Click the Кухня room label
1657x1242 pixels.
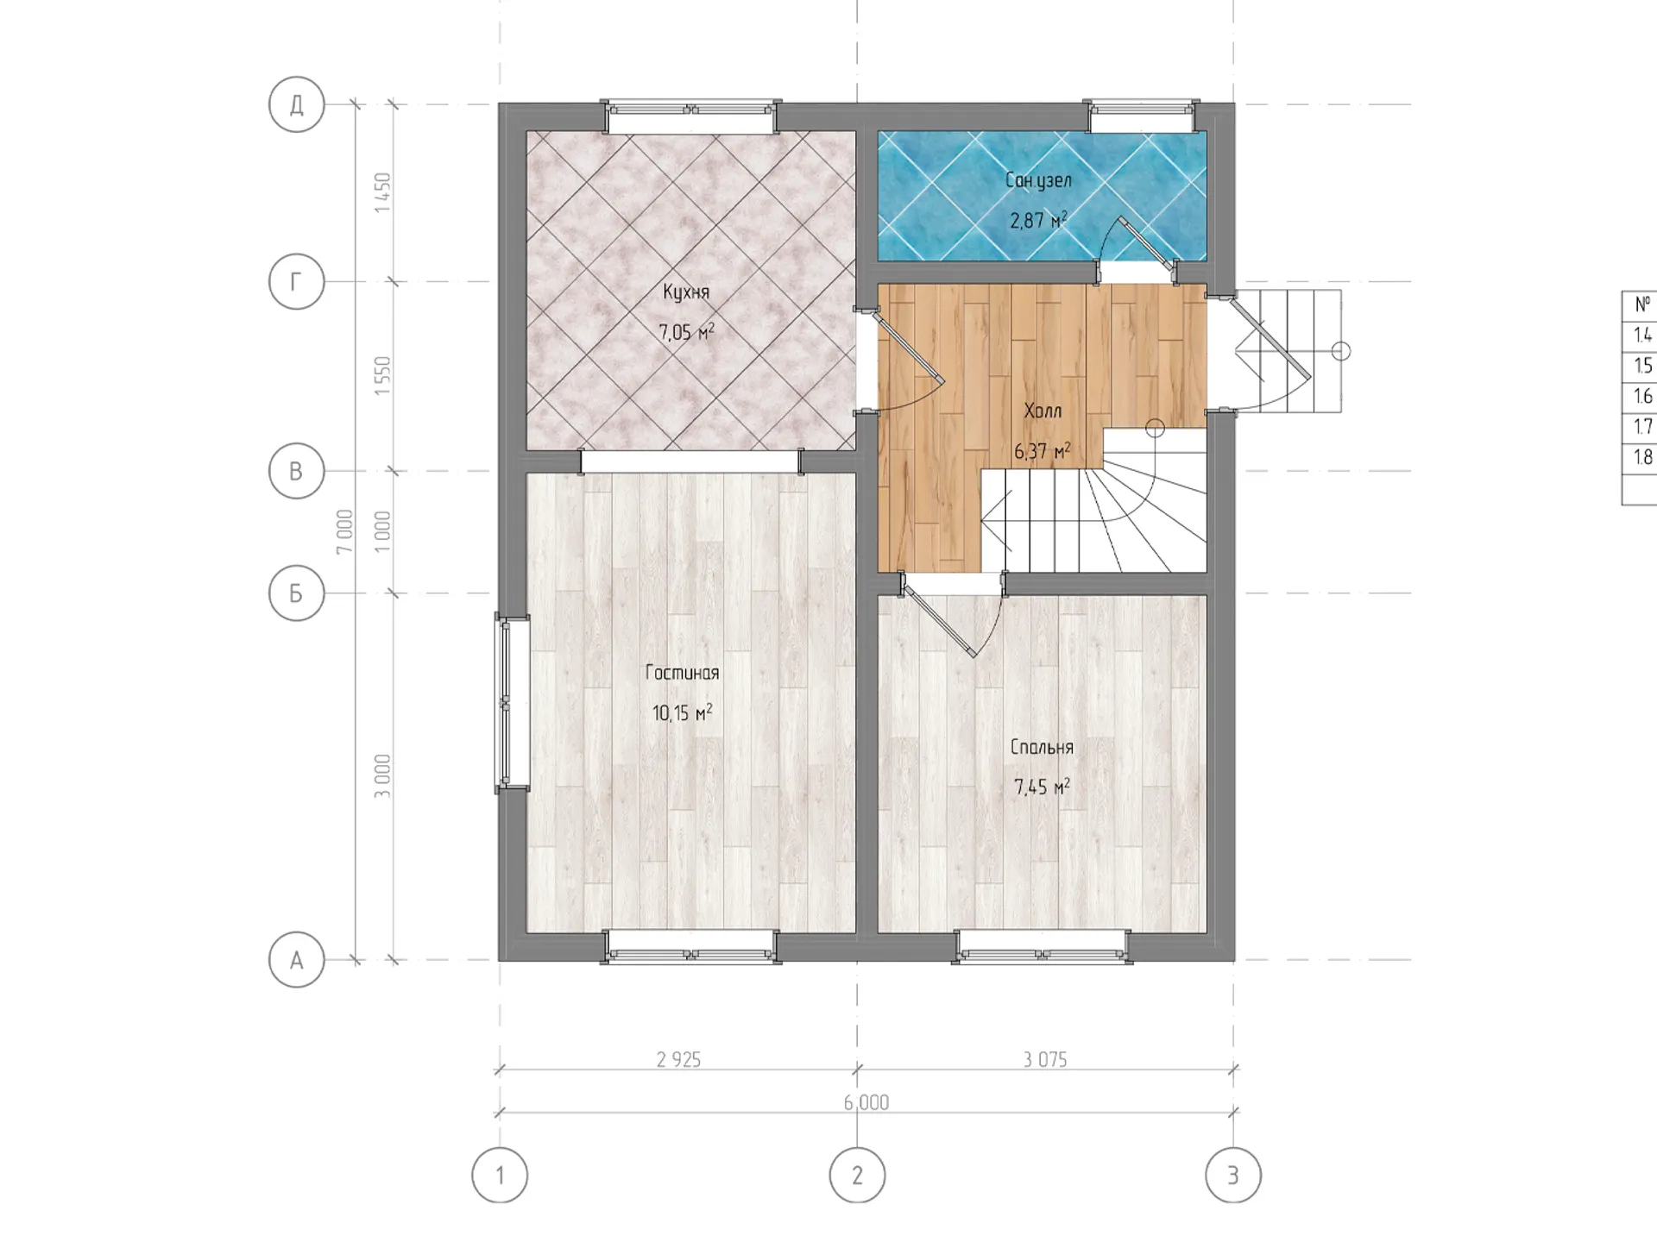pyautogui.click(x=686, y=292)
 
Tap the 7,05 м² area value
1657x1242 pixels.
pyautogui.click(x=686, y=332)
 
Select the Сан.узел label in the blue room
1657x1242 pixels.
pyautogui.click(x=1038, y=180)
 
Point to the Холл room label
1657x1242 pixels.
pyautogui.click(x=1043, y=411)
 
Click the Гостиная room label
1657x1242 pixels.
pyautogui.click(x=682, y=673)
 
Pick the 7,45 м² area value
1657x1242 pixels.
pyautogui.click(x=1042, y=787)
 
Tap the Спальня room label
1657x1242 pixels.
pyautogui.click(x=1042, y=747)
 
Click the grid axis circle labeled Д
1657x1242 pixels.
pyautogui.click(x=296, y=104)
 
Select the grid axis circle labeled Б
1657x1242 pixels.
pyautogui.click(x=296, y=593)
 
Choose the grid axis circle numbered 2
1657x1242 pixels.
pyautogui.click(x=857, y=1175)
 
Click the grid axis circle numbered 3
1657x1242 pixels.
pyautogui.click(x=1233, y=1175)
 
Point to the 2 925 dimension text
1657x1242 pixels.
pyautogui.click(x=678, y=1059)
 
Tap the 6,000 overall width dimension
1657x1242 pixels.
pyautogui.click(x=866, y=1102)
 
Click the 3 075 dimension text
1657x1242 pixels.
pyautogui.click(x=1045, y=1059)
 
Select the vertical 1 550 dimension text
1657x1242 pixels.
pyautogui.click(x=382, y=376)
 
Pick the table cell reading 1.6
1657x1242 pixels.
pyautogui.click(x=1642, y=396)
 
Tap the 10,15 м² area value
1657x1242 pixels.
pyautogui.click(x=682, y=712)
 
